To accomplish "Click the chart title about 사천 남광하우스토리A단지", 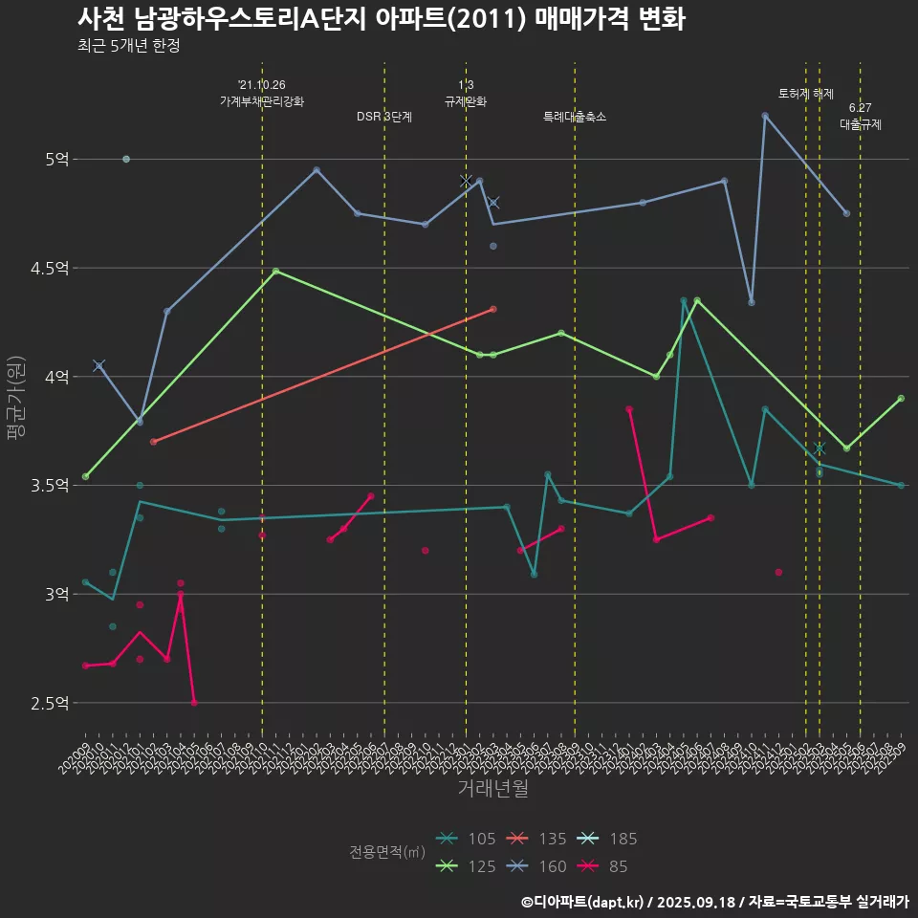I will click(x=381, y=19).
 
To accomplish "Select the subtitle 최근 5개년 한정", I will click(x=128, y=46).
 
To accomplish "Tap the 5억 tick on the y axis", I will click(x=56, y=159).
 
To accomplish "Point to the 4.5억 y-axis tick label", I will click(x=50, y=268).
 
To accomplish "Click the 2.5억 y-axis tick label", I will click(x=50, y=704).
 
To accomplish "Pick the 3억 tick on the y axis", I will click(x=56, y=595).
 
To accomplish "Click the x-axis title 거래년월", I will click(x=492, y=788).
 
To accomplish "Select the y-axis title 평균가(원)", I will click(x=15, y=397).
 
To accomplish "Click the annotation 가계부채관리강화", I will click(x=262, y=101).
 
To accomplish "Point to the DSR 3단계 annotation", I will click(x=384, y=117).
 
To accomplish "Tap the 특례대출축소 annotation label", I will click(x=575, y=117).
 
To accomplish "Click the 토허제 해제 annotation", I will click(x=806, y=94).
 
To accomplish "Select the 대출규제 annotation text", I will click(x=861, y=124).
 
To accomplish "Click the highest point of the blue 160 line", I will click(x=765, y=116).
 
